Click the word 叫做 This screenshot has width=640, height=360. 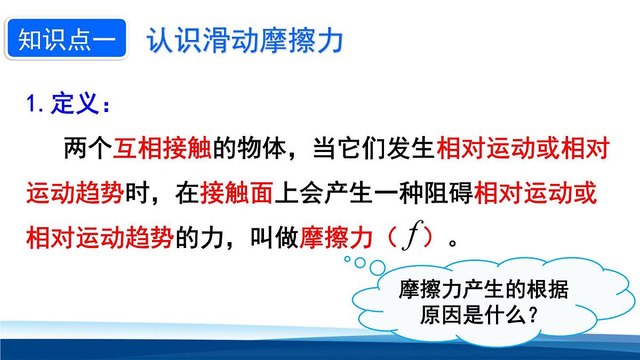coord(273,239)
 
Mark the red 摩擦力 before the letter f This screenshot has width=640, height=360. coord(335,239)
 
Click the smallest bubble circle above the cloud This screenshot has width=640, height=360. coord(347,259)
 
